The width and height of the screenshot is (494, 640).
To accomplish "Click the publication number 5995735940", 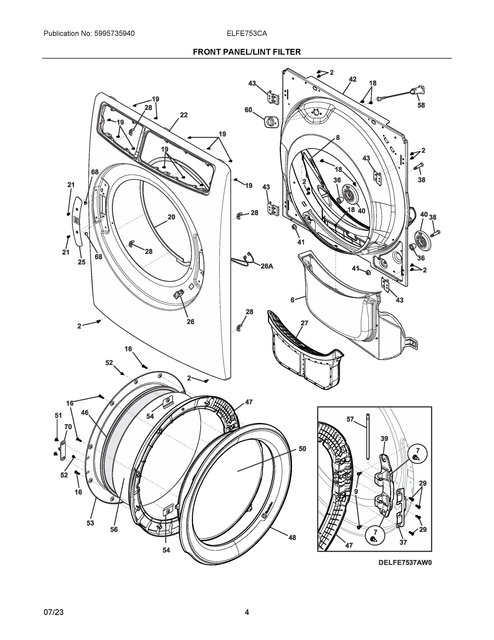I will coord(114,34).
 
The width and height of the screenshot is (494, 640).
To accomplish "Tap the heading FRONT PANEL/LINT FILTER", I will coord(247,52).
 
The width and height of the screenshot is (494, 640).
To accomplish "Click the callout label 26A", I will coord(267,266).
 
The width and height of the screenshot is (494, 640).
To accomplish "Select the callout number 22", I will coord(183,115).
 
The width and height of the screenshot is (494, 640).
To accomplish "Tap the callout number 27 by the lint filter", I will coord(304,323).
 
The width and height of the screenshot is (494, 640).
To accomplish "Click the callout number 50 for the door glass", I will coord(302,449).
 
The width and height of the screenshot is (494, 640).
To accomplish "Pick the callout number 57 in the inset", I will coord(350,419).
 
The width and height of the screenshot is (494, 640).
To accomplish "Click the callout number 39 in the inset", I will coord(384,438).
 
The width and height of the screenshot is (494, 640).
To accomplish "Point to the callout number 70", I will coord(68,427).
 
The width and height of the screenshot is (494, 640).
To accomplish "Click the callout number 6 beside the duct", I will coord(292,300).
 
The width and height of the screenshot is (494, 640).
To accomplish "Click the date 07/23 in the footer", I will coord(54,612).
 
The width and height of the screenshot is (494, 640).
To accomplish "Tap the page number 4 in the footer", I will coord(247,612).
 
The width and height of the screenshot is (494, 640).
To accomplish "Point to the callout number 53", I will coord(90,523).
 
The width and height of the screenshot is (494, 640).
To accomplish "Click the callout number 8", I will coord(338,137).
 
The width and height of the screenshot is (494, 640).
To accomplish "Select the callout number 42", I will coord(353,79).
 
